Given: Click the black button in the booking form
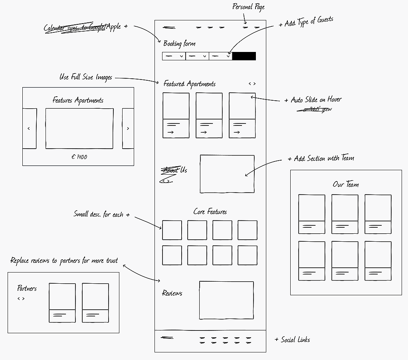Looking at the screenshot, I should pos(244,56).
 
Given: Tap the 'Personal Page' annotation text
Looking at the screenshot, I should pos(248,7).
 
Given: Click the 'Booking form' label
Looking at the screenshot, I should pos(179,44).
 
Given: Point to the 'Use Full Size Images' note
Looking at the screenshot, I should pos(86,77).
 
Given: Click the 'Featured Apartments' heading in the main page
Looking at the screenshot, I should pos(189,84).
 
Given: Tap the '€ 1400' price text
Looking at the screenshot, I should pos(79,157).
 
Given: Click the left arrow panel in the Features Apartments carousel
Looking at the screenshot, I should pos(29,129).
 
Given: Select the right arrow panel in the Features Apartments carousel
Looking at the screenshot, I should pos(128,129).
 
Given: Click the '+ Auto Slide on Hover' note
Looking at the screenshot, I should pos(313,100).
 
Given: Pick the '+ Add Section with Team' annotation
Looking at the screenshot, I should pos(321,159).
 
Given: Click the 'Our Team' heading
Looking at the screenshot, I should pos(346,185).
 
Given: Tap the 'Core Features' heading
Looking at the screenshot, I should pos(210,212).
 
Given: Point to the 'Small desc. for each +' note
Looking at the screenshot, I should pos(101,215).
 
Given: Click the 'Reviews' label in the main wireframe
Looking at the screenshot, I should pos(172,293).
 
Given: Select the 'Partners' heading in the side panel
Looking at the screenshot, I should pos(27,288).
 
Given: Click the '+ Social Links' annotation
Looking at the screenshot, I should pos(292,340).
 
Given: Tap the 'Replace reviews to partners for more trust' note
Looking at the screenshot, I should pos(64,261).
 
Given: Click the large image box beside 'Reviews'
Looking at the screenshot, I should pos(226,300).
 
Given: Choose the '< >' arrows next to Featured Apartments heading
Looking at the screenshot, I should pos(252,84).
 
